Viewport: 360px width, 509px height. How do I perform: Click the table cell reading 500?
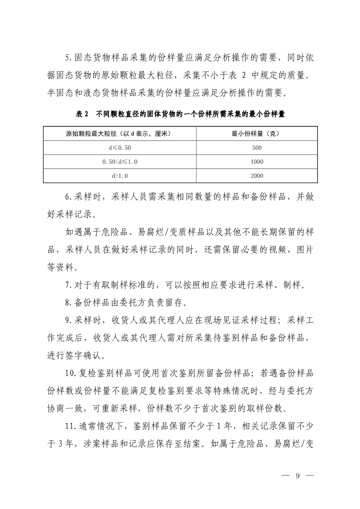[257, 148]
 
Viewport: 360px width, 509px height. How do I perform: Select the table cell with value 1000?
[257, 162]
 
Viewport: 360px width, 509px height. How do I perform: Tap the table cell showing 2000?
[257, 176]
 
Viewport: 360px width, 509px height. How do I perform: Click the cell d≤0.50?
[119, 148]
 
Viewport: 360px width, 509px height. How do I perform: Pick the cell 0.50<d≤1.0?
[119, 162]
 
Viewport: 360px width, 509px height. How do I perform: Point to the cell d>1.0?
[119, 176]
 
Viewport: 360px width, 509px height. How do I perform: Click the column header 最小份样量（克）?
[257, 133]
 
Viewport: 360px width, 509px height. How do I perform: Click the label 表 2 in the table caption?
[82, 115]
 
